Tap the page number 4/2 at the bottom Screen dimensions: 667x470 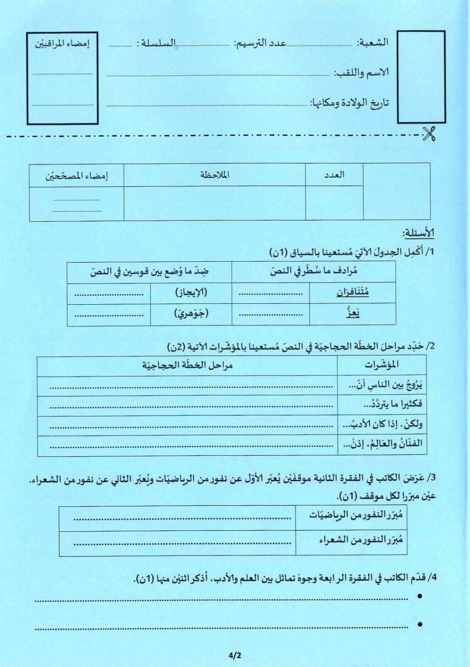coord(234,656)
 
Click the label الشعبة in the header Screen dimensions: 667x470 coord(373,43)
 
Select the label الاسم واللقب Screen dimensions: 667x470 coord(361,73)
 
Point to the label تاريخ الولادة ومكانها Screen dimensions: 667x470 coord(349,103)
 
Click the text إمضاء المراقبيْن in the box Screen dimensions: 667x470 coord(62,44)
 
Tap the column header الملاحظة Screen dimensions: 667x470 coord(214,175)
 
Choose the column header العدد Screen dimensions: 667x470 coord(334,175)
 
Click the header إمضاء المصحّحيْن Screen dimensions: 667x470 coord(76,176)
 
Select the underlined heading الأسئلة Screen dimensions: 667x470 coord(418,233)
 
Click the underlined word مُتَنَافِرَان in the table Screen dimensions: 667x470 coord(352,292)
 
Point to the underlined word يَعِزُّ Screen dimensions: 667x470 coord(352,314)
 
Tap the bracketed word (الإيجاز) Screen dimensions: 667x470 coord(191,292)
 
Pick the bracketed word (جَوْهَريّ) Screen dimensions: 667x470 coord(191,314)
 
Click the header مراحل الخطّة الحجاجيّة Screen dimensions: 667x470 coord(187,365)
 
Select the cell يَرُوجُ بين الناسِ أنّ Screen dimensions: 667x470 coord(385,385)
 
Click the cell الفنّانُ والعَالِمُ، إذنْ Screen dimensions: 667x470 coord(382,444)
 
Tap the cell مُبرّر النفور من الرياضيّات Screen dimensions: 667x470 coord(356,515)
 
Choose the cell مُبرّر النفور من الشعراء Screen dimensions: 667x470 coord(361,540)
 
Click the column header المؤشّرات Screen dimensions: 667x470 coord(381,365)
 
